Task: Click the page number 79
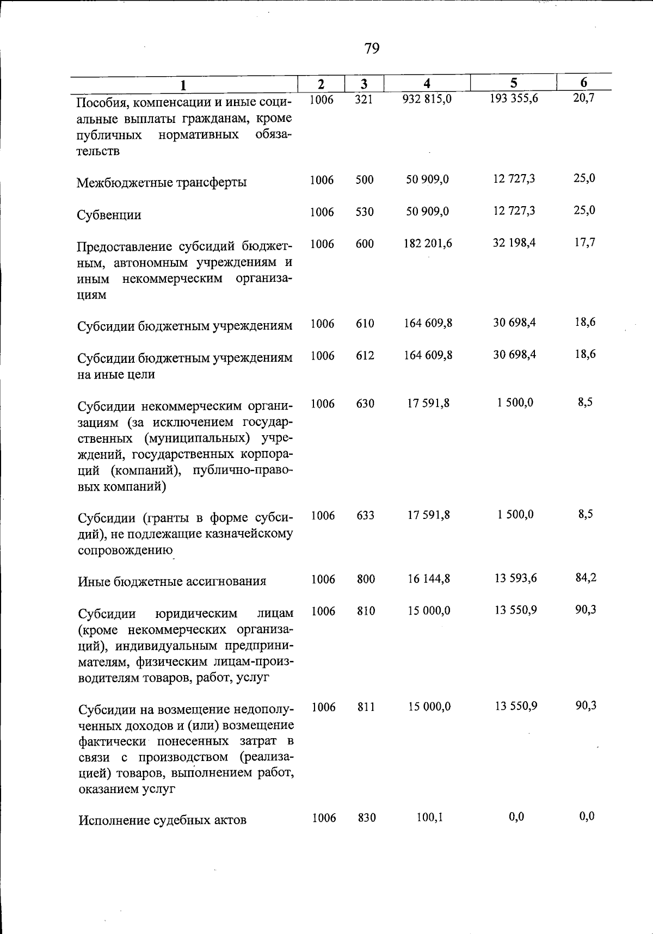[x=372, y=49]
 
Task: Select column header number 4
[x=427, y=83]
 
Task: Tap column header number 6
[x=583, y=83]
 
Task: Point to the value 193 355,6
[x=514, y=99]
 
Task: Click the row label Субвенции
[x=109, y=215]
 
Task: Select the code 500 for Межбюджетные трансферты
[x=365, y=180]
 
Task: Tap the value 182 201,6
[x=428, y=243]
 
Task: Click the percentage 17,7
[x=584, y=242]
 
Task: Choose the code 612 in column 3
[x=365, y=355]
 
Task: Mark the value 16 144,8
[x=429, y=579]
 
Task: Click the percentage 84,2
[x=586, y=578]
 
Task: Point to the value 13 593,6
[x=515, y=578]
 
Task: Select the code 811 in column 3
[x=366, y=707]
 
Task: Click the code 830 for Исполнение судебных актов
[x=367, y=818]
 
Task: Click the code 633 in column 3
[x=365, y=515]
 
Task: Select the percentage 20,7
[x=584, y=98]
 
